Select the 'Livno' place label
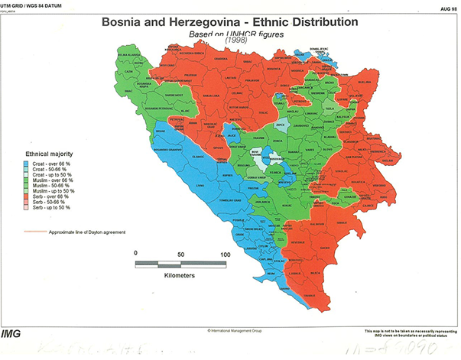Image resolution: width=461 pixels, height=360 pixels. coord(200,185)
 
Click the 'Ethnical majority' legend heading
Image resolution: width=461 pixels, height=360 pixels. coord(49,154)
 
